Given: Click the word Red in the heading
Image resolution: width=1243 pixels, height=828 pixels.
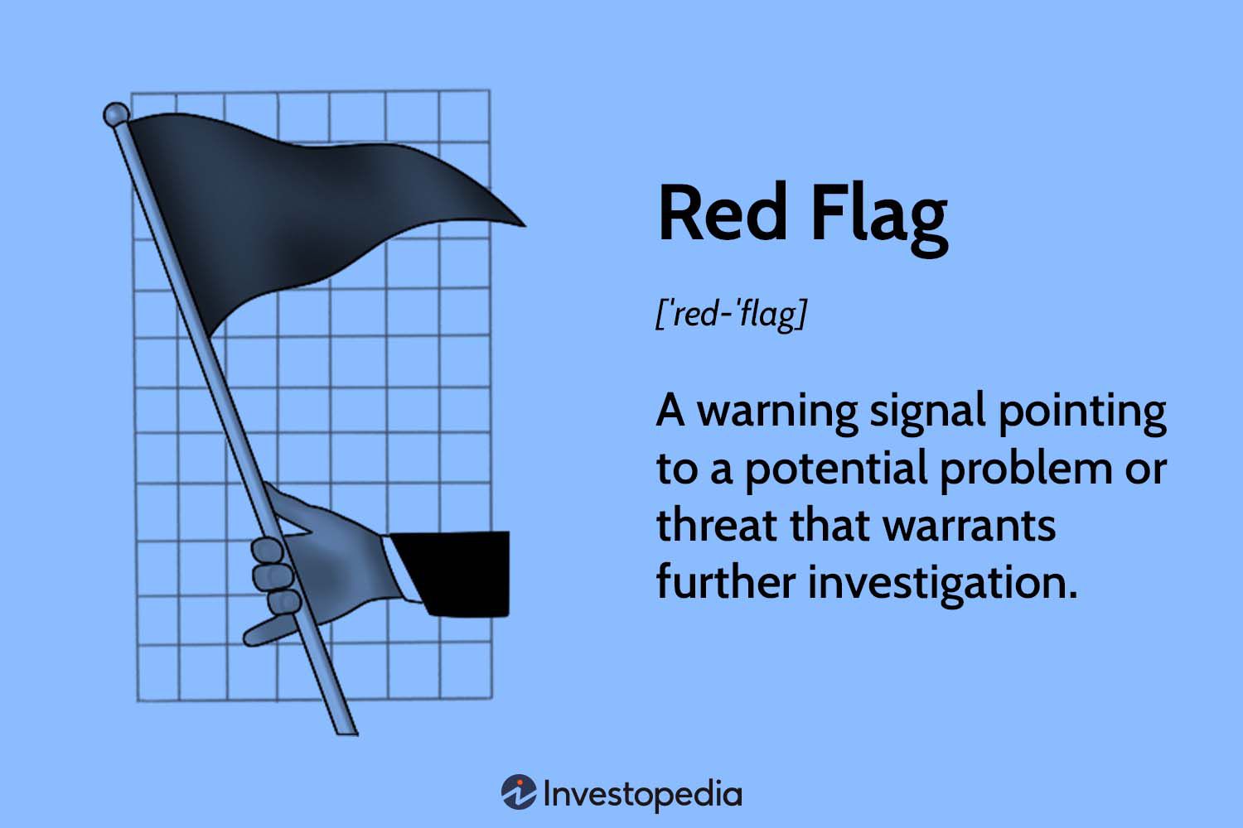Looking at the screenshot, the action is [x=722, y=214].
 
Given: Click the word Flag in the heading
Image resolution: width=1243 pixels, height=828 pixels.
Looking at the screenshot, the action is [x=879, y=219].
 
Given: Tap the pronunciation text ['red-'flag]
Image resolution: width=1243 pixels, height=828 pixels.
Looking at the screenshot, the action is [x=731, y=315].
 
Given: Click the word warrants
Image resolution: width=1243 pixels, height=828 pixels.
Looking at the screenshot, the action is [x=970, y=527].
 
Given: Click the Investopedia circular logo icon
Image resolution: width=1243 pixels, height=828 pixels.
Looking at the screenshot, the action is [x=519, y=792].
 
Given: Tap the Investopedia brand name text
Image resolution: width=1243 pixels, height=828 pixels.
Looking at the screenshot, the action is [x=642, y=795].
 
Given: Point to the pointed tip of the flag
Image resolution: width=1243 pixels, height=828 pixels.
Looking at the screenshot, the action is [x=524, y=225].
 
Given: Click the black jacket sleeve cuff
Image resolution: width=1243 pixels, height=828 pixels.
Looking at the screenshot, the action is [x=449, y=574].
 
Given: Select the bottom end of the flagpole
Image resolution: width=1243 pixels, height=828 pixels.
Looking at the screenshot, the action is [x=347, y=734].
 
